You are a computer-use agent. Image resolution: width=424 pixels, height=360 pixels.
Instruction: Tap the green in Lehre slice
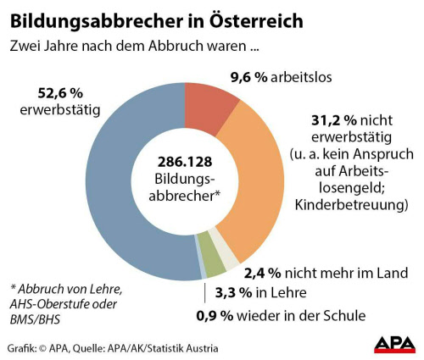[x=215, y=264]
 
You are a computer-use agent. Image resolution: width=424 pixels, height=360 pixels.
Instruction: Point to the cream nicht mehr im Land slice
[x=228, y=257]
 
